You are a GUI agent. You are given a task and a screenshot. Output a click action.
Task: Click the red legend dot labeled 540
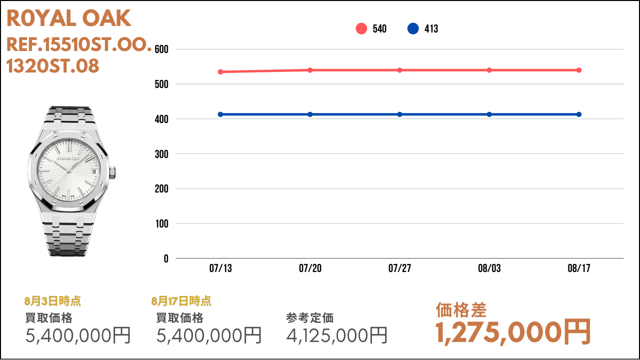point(361,28)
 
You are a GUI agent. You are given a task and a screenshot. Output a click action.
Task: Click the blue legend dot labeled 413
point(413,28)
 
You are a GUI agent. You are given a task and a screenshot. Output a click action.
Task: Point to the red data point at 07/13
point(220,71)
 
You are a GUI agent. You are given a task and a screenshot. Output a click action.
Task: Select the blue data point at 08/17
point(579,114)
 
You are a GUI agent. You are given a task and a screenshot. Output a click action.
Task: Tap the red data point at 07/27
point(399,70)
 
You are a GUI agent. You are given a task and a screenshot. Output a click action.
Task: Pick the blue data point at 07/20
point(310,114)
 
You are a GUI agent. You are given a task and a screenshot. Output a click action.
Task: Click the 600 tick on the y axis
point(161,49)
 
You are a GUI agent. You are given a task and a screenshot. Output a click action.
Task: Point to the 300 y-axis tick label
point(161,154)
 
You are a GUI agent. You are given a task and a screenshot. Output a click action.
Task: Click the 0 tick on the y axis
point(166,258)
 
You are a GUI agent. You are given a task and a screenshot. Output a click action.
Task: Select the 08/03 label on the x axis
point(489,268)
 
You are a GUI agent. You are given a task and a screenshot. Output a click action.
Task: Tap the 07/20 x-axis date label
point(310,268)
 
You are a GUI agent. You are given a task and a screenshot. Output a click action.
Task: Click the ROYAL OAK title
point(69,18)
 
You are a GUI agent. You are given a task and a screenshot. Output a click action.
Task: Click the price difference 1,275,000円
point(513,332)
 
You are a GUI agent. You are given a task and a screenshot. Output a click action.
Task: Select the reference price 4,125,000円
point(337,335)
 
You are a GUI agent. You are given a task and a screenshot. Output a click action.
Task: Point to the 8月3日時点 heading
point(52,301)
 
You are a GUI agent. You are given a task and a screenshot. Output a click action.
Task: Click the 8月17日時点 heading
point(181,301)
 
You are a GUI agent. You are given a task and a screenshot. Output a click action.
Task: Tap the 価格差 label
point(461,310)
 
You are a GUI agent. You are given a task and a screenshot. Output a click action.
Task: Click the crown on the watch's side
point(112,173)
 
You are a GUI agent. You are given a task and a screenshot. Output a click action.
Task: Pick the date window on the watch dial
point(94,171)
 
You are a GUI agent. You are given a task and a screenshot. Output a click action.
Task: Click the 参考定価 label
point(309,318)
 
